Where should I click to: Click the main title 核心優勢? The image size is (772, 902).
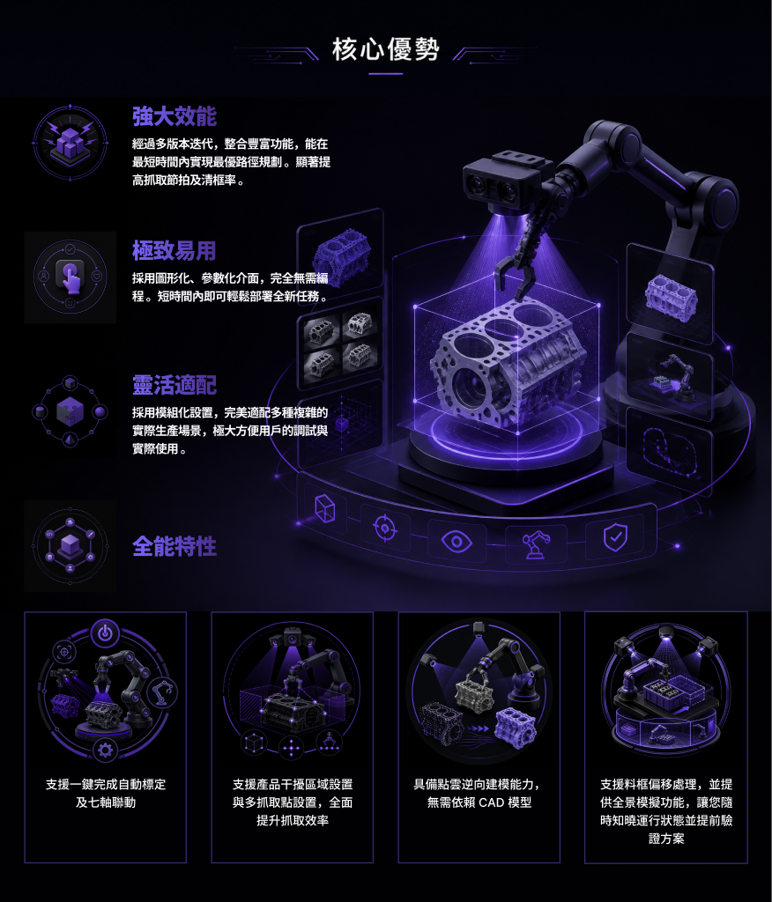386,49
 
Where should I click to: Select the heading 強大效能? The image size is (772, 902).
174,116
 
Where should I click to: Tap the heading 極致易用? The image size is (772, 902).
174,251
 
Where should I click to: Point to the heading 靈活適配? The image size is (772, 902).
174,385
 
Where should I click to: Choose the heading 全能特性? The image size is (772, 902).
174,546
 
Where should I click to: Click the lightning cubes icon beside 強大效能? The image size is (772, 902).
71,143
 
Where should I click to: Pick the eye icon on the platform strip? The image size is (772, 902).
456,542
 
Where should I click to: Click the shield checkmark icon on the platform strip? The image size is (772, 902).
615,537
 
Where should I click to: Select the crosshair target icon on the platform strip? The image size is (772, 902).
385,528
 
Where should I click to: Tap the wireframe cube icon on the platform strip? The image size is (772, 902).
324,508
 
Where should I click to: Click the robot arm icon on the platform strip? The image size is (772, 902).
536,544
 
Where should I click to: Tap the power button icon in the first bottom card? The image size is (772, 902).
105,633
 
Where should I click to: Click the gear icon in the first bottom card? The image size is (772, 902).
105,750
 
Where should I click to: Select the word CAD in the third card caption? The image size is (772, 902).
491,802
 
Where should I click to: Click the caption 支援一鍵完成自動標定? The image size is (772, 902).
106,784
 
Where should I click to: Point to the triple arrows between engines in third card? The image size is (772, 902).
479,728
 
